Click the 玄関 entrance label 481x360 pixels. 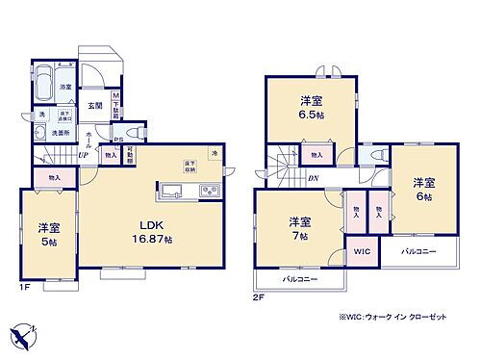[97, 105]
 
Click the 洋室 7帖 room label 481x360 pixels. [298, 228]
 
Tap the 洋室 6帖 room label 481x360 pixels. [423, 189]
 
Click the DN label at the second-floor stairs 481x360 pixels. [313, 176]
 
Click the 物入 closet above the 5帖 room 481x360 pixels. [54, 177]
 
